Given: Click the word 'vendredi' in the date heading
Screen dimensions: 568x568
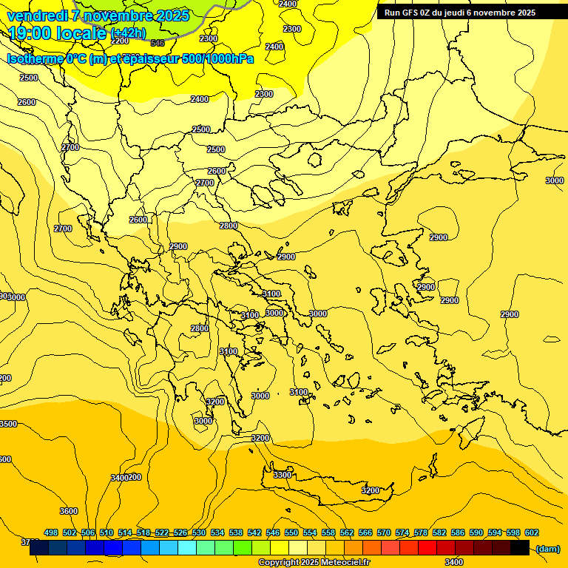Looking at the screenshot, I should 38,16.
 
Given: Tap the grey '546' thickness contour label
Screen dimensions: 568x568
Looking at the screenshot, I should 158,43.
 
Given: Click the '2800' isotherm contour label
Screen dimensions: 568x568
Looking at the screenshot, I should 229,226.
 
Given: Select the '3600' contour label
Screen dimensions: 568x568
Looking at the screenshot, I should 68,511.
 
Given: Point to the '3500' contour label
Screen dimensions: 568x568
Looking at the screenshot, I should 7,424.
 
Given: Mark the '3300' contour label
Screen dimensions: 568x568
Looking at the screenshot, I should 283,474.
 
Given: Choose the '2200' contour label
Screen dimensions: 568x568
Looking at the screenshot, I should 120,41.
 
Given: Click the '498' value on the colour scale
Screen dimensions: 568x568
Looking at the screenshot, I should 51,532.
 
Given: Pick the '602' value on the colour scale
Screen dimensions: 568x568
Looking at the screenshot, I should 532,532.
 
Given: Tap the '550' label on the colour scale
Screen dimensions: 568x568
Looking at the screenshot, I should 291,532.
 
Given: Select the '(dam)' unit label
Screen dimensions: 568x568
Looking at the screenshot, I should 547,548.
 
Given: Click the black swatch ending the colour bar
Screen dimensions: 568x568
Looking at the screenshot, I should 520,547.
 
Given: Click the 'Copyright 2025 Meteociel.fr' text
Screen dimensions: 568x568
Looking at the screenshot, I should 314,563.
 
